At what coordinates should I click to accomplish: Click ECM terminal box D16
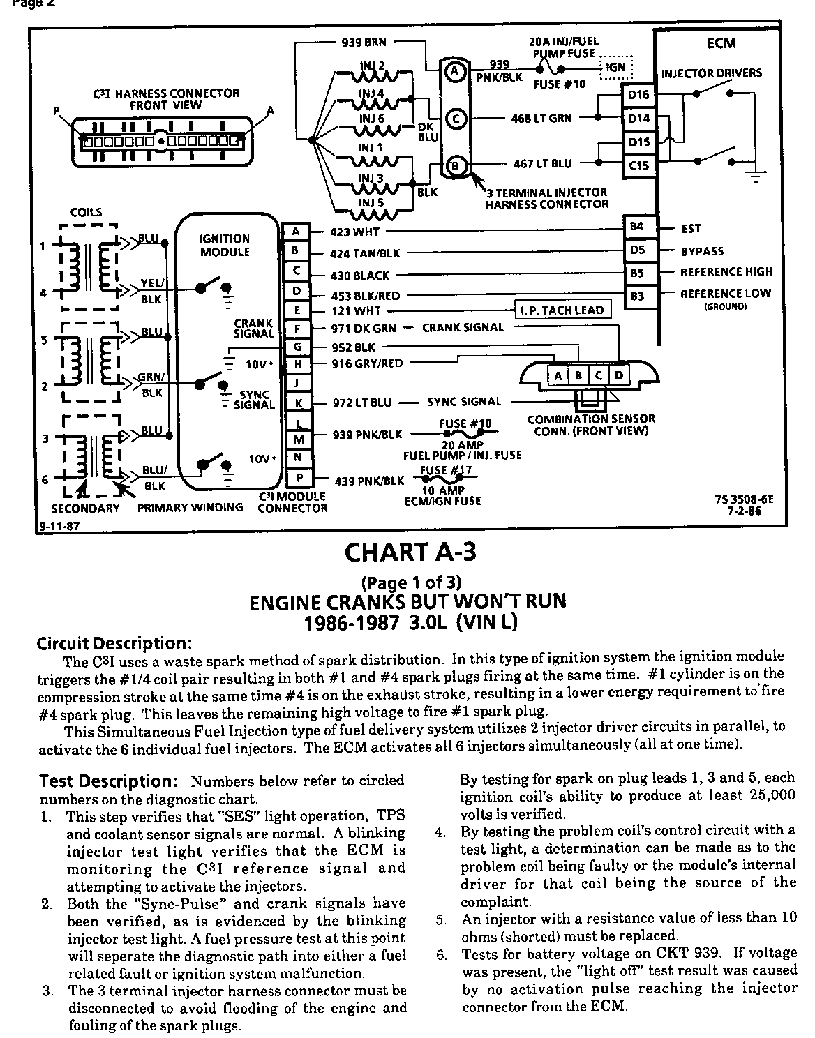click(x=638, y=95)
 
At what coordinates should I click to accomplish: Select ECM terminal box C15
click(x=638, y=165)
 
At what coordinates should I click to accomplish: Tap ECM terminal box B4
click(x=636, y=227)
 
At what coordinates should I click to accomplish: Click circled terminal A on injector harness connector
click(x=454, y=70)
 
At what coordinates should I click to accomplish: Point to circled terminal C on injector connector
click(x=455, y=118)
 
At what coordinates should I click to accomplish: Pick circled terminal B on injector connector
click(x=455, y=165)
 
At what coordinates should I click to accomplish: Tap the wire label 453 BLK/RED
click(x=365, y=295)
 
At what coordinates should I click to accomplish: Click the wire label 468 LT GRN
click(x=541, y=119)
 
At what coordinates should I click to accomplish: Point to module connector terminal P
click(x=297, y=478)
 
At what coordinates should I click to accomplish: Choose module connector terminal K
click(x=297, y=403)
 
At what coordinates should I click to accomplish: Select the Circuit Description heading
click(x=113, y=642)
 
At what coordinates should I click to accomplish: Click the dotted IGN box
click(x=615, y=68)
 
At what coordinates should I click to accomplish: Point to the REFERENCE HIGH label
click(x=726, y=272)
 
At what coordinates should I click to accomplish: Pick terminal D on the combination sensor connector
click(x=618, y=376)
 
